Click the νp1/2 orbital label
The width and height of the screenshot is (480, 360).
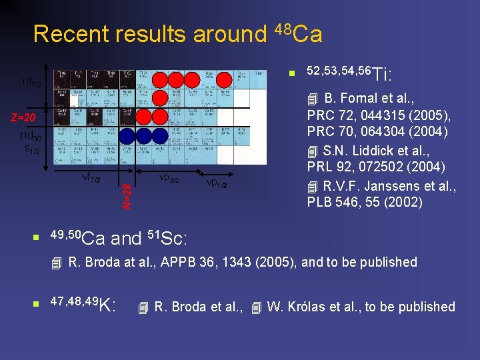click(216, 183)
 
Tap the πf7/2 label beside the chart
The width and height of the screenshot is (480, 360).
click(31, 82)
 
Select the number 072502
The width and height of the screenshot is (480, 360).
click(373, 167)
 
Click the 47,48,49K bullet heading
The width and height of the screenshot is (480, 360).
click(84, 305)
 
